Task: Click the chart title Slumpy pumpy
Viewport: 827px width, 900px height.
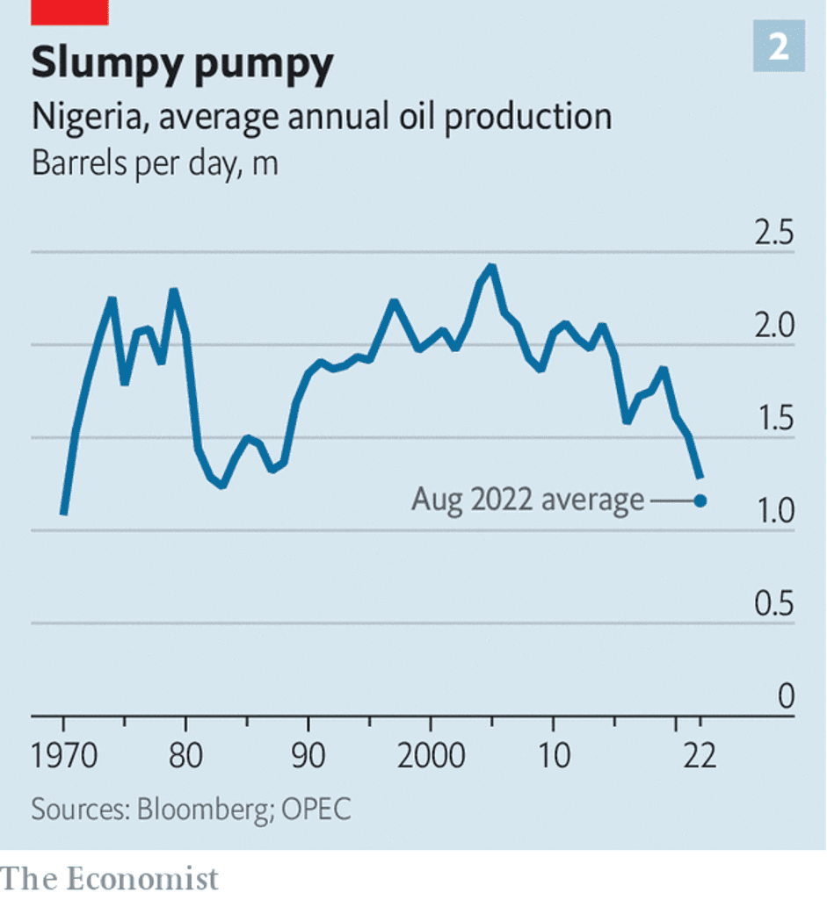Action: [x=183, y=64]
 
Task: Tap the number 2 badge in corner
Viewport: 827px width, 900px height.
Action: [x=778, y=48]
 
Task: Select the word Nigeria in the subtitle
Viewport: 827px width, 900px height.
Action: [x=83, y=117]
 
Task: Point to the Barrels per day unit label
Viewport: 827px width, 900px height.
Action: [x=155, y=163]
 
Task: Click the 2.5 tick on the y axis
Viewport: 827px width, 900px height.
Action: [x=773, y=234]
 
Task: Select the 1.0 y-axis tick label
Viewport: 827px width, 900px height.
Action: [x=773, y=513]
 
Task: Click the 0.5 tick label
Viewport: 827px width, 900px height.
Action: [x=773, y=605]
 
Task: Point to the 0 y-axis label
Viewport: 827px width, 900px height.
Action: [x=786, y=697]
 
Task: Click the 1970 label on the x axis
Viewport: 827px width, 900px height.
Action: [x=63, y=755]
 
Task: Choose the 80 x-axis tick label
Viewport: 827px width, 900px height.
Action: [x=185, y=755]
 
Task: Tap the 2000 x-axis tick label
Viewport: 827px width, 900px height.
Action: [x=430, y=755]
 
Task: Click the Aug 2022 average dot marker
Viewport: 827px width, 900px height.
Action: [x=700, y=500]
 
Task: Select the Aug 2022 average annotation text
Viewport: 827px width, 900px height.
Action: [x=527, y=500]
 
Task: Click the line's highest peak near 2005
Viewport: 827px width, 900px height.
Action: [x=491, y=266]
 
